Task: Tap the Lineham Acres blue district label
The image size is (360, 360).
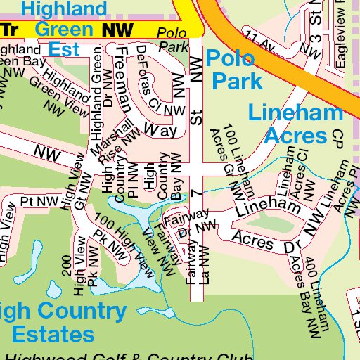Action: point(289,123)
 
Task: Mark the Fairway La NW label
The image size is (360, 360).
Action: point(195,261)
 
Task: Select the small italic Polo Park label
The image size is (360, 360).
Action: point(173,41)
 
